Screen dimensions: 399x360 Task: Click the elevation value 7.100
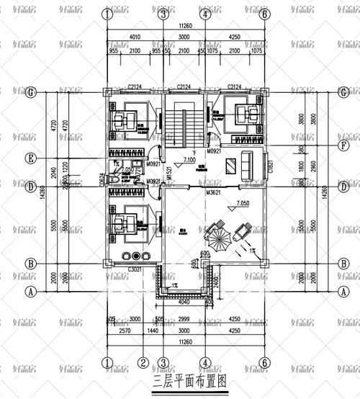(x=189, y=161)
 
